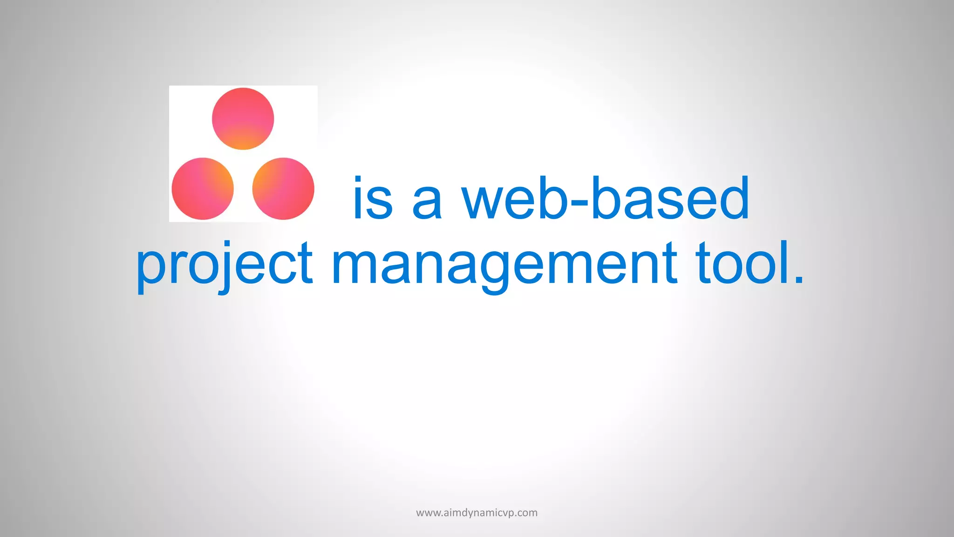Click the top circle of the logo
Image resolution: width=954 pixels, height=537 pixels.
(x=243, y=118)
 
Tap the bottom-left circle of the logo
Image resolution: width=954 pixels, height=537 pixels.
(x=203, y=188)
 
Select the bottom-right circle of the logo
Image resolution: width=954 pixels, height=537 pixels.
(x=283, y=188)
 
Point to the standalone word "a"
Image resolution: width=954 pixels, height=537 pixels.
(x=427, y=203)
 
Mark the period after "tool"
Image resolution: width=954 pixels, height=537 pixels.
(x=799, y=279)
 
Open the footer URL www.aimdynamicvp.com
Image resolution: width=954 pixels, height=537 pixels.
(x=477, y=513)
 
